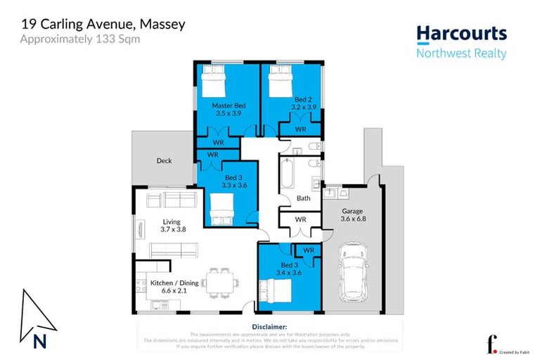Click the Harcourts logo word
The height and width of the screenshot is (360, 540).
click(x=461, y=34)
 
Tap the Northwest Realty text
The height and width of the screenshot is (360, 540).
click(x=461, y=53)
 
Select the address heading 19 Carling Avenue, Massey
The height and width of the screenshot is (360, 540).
click(x=103, y=24)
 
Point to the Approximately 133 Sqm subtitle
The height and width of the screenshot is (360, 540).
click(x=79, y=39)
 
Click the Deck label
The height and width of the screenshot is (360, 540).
click(x=164, y=161)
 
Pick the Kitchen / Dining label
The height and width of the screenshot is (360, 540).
click(x=174, y=283)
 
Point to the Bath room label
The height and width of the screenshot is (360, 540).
click(x=303, y=198)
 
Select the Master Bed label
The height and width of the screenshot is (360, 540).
click(x=229, y=105)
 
